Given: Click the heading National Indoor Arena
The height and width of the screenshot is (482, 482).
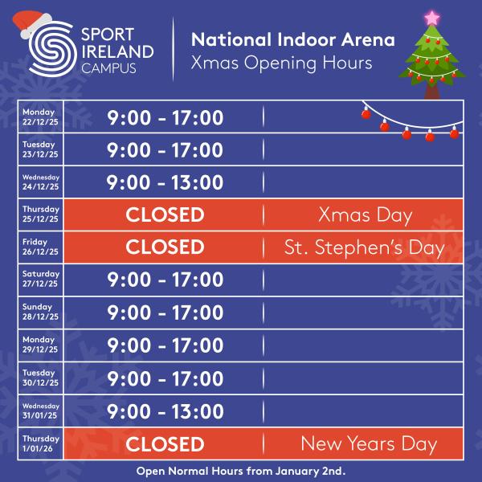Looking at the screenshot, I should point(292,40).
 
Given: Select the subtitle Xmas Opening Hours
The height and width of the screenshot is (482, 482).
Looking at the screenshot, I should point(281,63).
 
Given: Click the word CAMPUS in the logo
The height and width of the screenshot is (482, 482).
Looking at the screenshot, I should point(108,69).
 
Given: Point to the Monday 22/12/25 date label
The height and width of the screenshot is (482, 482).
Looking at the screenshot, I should point(39,116).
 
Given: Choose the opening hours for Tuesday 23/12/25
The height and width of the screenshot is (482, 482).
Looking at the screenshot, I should point(165,150).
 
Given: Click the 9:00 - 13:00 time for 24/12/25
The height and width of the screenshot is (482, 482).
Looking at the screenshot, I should point(165,182).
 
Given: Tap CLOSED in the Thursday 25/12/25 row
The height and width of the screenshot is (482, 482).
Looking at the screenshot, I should point(165,214).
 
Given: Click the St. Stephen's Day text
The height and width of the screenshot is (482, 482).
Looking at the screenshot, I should point(364,247).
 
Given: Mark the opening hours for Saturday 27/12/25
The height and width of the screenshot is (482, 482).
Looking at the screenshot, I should point(165,280).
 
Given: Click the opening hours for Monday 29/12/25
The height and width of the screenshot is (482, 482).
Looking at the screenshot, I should point(165,345).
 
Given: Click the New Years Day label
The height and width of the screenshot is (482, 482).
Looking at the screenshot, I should point(369,443).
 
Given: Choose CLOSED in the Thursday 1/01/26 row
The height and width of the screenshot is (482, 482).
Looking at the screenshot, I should point(165,443).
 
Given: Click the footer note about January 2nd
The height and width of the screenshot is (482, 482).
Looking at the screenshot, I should point(241,471).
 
